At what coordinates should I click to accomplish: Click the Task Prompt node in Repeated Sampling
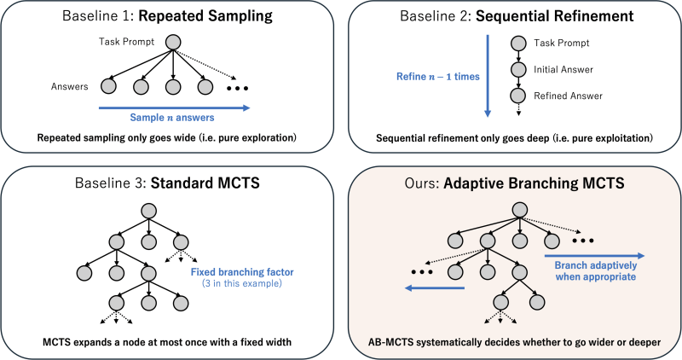point(173,42)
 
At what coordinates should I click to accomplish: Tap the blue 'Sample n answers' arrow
point(175,108)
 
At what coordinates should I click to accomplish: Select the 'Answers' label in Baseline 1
point(70,86)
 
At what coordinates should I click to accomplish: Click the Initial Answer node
point(518,69)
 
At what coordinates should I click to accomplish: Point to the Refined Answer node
point(518,96)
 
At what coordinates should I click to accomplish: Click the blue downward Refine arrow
point(488,76)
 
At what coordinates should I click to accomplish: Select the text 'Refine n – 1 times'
point(438,77)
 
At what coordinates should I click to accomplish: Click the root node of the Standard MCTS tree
point(148,211)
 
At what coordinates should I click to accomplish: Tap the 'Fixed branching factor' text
point(242,272)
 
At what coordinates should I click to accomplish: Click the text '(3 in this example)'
point(242,283)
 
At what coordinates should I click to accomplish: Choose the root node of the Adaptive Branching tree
point(519,210)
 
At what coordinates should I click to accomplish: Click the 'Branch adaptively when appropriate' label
point(595,270)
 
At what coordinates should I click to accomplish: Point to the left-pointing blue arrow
point(435,287)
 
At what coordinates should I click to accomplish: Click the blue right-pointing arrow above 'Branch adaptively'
point(594,256)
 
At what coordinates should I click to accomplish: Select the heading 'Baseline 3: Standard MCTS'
point(167,183)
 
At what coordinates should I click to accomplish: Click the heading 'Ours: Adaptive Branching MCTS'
point(514,183)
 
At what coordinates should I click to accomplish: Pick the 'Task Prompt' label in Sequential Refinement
point(562,44)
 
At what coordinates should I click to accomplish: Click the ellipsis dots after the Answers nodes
point(238,89)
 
